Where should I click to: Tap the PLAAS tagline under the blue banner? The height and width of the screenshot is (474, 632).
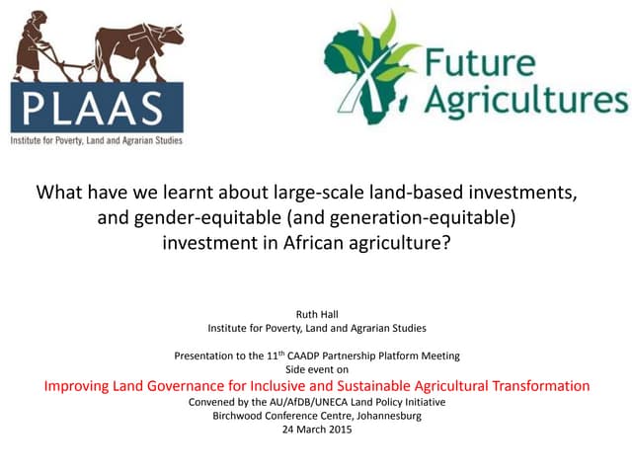(x=97, y=140)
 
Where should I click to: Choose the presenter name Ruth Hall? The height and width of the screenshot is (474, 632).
(x=315, y=314)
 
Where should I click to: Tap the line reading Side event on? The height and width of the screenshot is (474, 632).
(x=315, y=369)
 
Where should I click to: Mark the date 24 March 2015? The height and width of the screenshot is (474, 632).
(x=315, y=430)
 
